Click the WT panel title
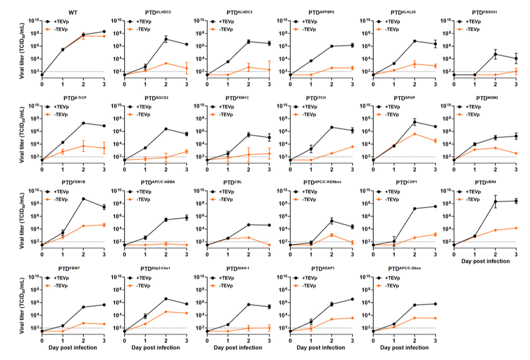[73, 11]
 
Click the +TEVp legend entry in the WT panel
[58, 22]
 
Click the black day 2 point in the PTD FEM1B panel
[83, 199]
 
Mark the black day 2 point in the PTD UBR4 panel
[495, 202]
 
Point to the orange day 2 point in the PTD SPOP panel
[414, 134]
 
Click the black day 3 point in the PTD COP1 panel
[434, 206]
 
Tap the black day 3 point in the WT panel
[104, 32]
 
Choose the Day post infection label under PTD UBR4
[485, 262]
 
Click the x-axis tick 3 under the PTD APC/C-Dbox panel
[434, 340]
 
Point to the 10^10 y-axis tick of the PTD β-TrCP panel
[32, 106]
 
